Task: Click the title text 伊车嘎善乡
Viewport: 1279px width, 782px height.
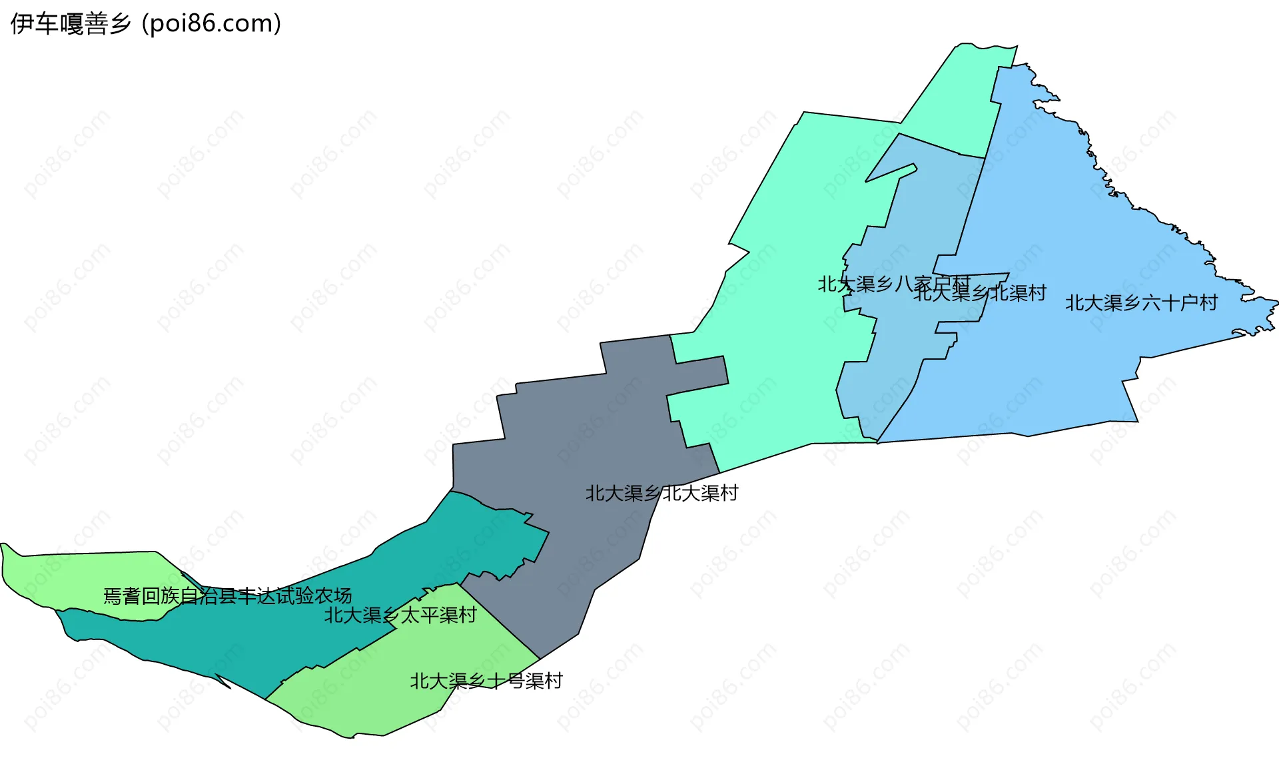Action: (x=71, y=24)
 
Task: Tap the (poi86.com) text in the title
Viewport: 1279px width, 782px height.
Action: (x=211, y=24)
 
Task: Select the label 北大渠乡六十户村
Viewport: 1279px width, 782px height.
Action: (x=1140, y=303)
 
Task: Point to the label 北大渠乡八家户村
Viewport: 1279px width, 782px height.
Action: (x=893, y=284)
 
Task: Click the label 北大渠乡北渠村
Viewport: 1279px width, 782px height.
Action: (x=979, y=293)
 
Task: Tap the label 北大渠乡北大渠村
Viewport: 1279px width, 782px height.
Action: (x=661, y=494)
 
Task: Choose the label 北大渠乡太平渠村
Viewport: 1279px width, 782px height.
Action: (x=400, y=615)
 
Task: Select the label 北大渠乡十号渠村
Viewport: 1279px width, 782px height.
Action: (x=486, y=681)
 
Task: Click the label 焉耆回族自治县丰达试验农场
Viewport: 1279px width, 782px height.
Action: (x=227, y=595)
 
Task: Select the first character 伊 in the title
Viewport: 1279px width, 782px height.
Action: (x=21, y=24)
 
